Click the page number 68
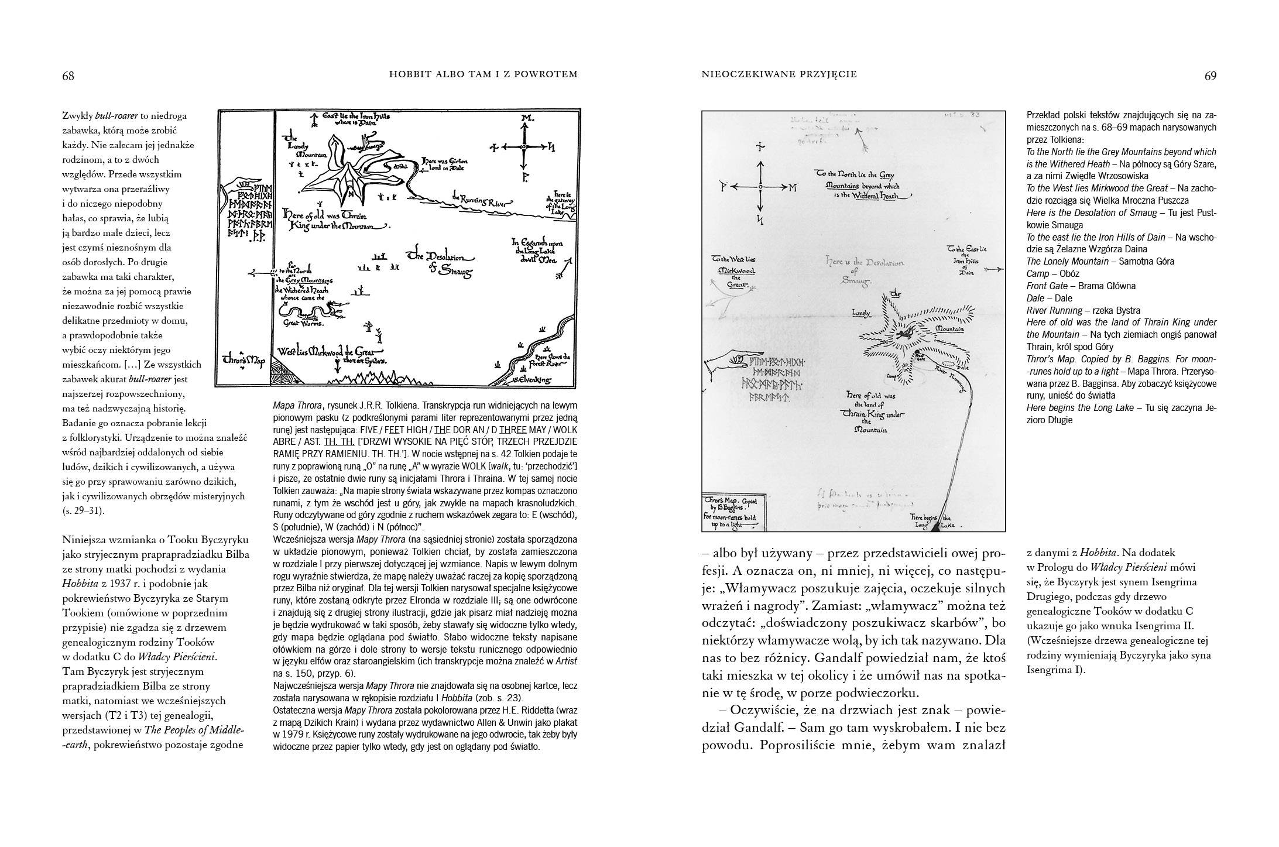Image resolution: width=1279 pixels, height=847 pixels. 68,76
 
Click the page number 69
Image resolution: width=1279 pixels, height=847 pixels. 1210,76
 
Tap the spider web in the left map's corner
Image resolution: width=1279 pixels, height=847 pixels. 284,372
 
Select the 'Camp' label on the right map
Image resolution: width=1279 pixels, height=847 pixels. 893,376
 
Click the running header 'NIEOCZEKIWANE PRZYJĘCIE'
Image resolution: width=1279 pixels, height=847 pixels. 779,74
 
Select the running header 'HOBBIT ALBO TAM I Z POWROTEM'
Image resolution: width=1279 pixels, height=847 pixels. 484,74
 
